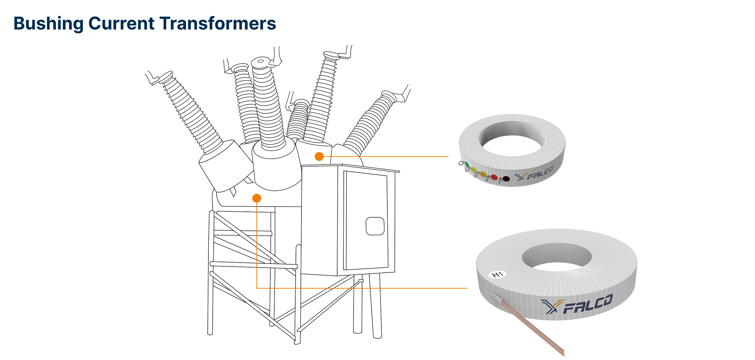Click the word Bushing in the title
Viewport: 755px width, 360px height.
pyautogui.click(x=48, y=24)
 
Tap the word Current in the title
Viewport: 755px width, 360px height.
pyautogui.click(x=121, y=24)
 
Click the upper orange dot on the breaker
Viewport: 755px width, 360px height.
pyautogui.click(x=319, y=156)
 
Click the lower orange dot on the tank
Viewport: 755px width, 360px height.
pyautogui.click(x=257, y=198)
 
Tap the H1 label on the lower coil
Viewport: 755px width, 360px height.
pyautogui.click(x=497, y=274)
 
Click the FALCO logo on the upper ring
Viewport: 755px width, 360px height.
pyautogui.click(x=534, y=174)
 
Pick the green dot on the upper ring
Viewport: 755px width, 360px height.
pyautogui.click(x=467, y=164)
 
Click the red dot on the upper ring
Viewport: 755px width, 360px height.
pyautogui.click(x=494, y=177)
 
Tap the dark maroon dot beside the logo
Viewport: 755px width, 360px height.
pyautogui.click(x=506, y=179)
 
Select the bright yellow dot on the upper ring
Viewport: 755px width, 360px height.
pyautogui.click(x=474, y=170)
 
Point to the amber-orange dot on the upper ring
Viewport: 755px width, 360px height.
pyautogui.click(x=483, y=174)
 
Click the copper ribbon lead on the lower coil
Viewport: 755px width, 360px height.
pyautogui.click(x=537, y=331)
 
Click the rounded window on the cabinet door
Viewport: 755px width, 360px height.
pyautogui.click(x=375, y=226)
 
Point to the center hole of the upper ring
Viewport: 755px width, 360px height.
pyautogui.click(x=512, y=144)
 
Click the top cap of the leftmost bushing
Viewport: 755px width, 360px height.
pyautogui.click(x=166, y=76)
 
